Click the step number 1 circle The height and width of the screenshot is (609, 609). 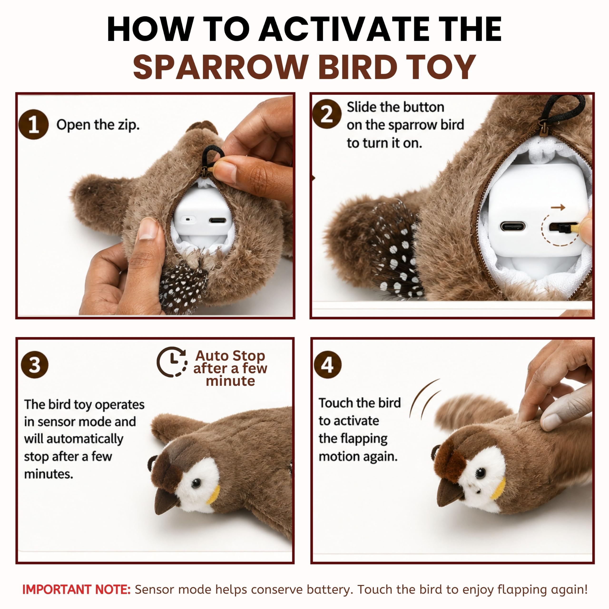tap(33, 124)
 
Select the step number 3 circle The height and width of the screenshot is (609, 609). tap(35, 365)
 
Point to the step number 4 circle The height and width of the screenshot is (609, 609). tap(328, 365)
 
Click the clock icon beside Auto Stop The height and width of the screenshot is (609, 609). tap(172, 362)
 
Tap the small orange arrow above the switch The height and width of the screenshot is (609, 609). tap(558, 207)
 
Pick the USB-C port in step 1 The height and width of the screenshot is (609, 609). tap(217, 220)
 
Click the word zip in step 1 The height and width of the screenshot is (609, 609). tap(129, 125)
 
